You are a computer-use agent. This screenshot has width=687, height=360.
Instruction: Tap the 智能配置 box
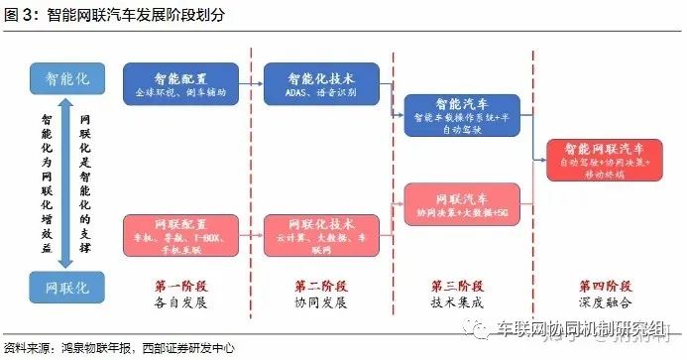[180, 83]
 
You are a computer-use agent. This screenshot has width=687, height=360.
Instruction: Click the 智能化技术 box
[321, 83]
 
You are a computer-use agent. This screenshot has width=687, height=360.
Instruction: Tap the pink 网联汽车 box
[462, 202]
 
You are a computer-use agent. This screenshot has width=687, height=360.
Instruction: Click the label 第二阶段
[322, 285]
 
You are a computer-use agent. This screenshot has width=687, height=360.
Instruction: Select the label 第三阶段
[461, 285]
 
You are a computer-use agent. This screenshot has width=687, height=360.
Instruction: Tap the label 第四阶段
[599, 285]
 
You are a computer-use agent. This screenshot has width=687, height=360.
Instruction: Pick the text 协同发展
[322, 301]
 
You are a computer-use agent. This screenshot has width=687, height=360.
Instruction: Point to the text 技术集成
[461, 301]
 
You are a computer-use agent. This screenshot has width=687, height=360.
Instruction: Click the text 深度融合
[599, 301]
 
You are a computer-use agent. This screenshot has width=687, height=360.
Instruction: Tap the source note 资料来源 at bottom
[119, 348]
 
